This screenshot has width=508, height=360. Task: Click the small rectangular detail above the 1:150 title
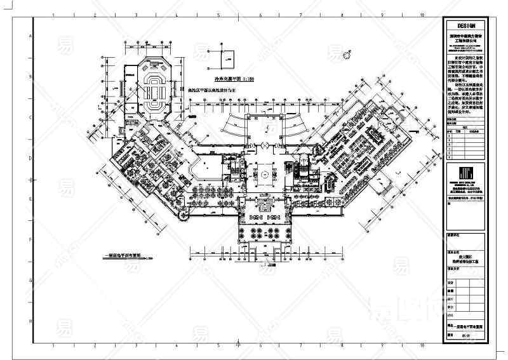225,60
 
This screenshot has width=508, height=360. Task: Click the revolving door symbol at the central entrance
262,145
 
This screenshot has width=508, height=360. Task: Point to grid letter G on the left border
29,280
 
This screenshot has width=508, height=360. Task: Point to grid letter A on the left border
29,37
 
